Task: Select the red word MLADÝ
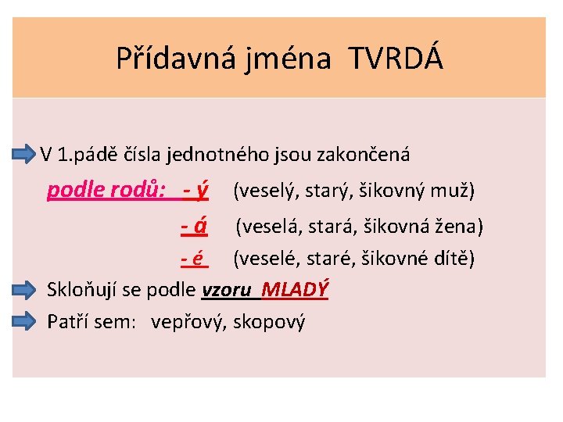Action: pyautogui.click(x=296, y=290)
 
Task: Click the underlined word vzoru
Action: pyautogui.click(x=227, y=291)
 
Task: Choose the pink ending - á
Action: pyautogui.click(x=195, y=226)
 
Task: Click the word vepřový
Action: pyautogui.click(x=187, y=322)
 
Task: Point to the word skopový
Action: pyautogui.click(x=269, y=322)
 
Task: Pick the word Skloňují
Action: pyautogui.click(x=82, y=291)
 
